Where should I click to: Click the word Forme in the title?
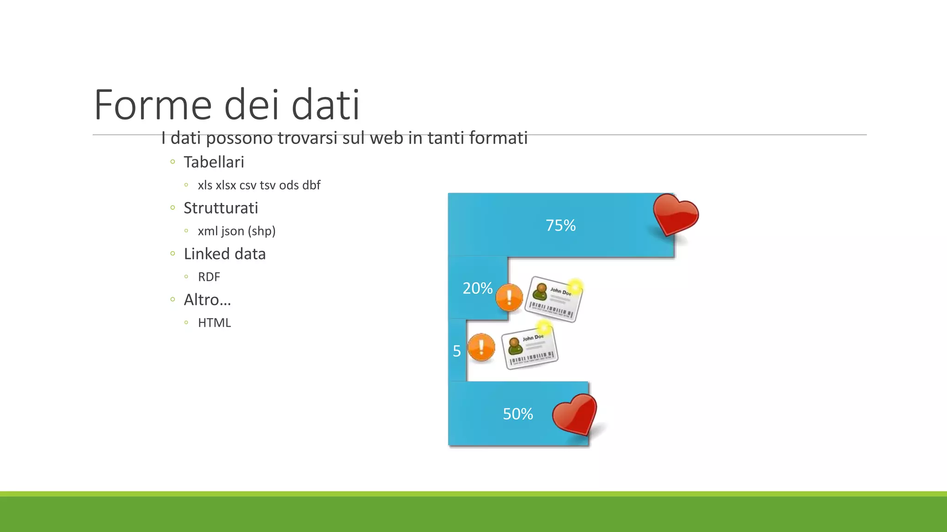tap(153, 105)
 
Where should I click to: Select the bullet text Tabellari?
tap(214, 162)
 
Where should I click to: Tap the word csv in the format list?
tap(248, 185)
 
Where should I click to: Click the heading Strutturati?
tap(221, 208)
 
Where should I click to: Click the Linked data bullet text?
tap(225, 254)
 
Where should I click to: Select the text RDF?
tap(209, 277)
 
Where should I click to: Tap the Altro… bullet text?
tap(207, 300)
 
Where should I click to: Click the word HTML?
tap(214, 323)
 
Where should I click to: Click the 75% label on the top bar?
tap(560, 225)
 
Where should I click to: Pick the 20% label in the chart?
tap(477, 288)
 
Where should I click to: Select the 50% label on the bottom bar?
tap(518, 414)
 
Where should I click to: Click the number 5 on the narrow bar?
tap(457, 351)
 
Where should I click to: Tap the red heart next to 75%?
tap(675, 214)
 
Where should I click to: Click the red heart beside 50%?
tap(575, 414)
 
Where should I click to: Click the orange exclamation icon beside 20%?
tap(509, 297)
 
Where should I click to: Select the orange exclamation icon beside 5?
tap(481, 347)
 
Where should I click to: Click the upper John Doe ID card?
tap(553, 299)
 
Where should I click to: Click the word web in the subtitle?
tap(386, 138)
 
